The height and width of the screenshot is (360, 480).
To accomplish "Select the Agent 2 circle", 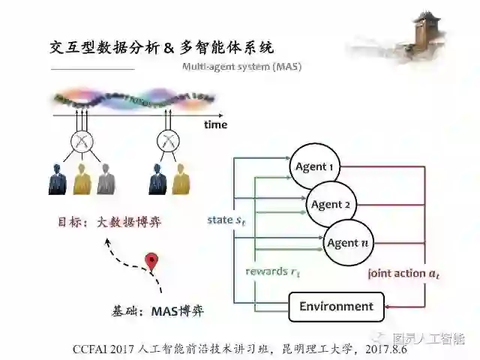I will (331, 205).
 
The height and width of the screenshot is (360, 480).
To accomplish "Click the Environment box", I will (336, 306).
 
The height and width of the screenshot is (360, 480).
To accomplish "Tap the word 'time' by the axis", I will (215, 124).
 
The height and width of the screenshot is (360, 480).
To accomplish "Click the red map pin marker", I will (152, 262).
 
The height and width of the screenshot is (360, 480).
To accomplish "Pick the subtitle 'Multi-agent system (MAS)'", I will (242, 67).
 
